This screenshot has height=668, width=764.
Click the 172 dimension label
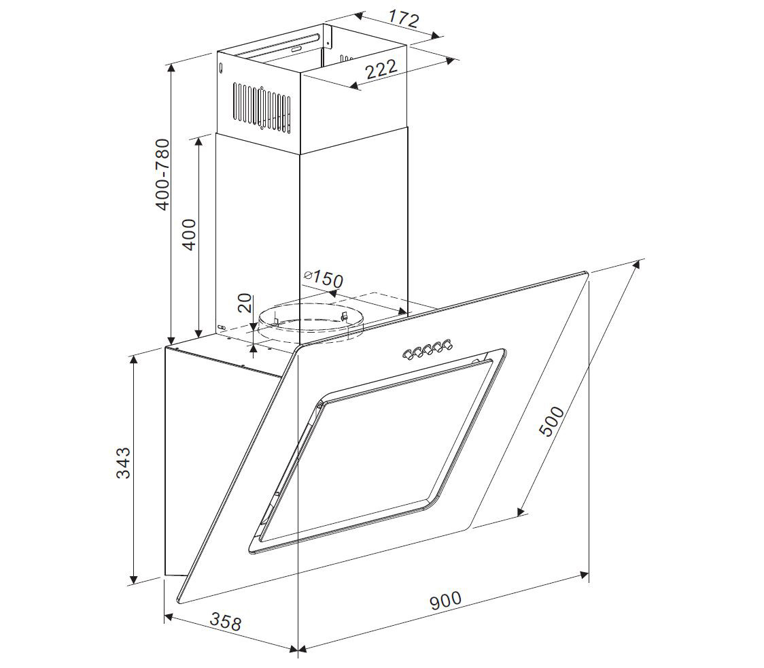(x=404, y=19)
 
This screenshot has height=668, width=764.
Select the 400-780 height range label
(x=164, y=175)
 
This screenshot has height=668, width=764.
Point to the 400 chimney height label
(x=189, y=235)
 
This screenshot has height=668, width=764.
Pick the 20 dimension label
(x=246, y=303)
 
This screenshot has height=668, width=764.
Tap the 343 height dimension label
(x=123, y=463)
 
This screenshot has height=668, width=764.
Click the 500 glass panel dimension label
(x=552, y=421)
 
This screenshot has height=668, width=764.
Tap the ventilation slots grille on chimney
(x=262, y=108)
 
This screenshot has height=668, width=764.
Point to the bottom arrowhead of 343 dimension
(x=133, y=580)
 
